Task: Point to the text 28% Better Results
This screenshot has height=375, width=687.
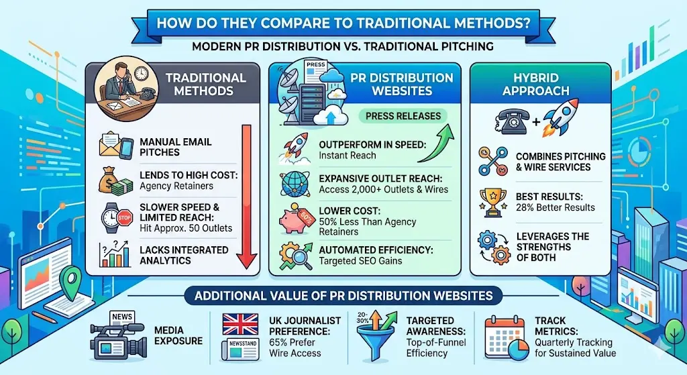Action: point(555,207)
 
